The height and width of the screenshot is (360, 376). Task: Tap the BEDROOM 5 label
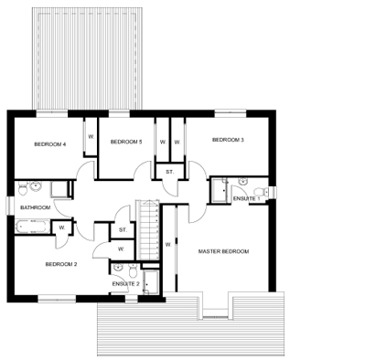(126, 142)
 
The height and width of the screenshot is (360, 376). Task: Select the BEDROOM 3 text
(228, 140)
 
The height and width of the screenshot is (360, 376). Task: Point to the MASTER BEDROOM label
(224, 251)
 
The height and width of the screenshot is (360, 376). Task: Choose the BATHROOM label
(36, 207)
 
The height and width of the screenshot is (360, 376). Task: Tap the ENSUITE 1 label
(245, 197)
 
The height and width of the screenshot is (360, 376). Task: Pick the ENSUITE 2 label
(126, 284)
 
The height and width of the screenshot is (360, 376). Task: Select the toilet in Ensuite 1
(261, 190)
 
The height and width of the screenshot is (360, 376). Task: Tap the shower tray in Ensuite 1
(219, 190)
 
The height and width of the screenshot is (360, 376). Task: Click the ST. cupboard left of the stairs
(122, 229)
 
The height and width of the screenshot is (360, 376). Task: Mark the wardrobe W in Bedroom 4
(91, 135)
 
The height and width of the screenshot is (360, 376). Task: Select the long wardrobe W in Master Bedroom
(168, 244)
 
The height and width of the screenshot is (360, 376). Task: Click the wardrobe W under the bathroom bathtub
(62, 228)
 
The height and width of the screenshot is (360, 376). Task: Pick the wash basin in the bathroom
(35, 186)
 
